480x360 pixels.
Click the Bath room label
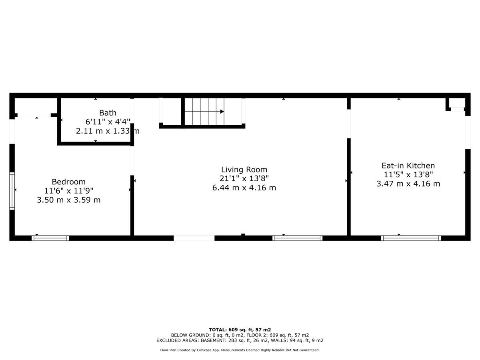108,113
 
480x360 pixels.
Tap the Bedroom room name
69,182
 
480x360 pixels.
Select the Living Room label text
244,170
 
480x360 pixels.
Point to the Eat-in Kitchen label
408,166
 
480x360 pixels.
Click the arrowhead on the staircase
222,112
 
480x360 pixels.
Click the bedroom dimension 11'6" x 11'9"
69,191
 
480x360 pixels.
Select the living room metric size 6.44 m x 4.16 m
244,188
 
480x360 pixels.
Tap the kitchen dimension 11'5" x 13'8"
408,175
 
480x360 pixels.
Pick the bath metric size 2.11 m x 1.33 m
108,131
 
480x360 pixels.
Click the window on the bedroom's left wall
12,191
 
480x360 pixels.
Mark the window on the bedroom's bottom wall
50,238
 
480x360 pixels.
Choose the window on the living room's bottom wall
298,238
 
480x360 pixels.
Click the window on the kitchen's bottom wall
411,238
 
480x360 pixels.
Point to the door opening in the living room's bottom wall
194,238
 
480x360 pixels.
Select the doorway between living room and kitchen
349,124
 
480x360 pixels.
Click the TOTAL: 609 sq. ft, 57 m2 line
240,330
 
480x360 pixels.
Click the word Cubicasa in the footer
204,350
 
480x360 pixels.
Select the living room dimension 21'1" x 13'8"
244,178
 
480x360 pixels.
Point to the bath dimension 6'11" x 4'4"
108,122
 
